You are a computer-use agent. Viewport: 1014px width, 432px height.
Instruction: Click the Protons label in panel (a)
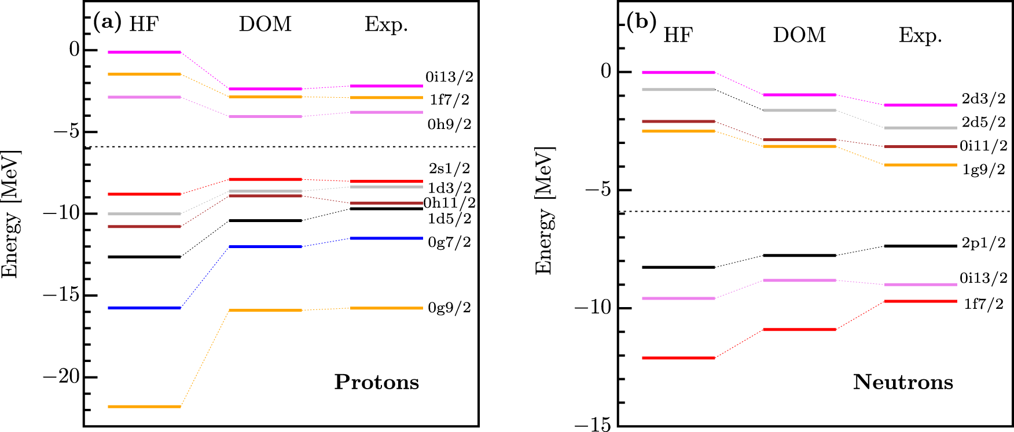coord(377,382)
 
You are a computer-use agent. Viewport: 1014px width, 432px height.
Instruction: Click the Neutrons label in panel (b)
coord(903,382)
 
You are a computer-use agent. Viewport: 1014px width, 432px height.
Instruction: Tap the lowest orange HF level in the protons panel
coord(145,407)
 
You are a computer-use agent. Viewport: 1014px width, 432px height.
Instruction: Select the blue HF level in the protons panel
coord(145,308)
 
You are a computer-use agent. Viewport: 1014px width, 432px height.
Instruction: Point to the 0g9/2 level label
coord(449,308)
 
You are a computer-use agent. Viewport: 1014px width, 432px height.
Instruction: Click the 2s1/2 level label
coord(449,168)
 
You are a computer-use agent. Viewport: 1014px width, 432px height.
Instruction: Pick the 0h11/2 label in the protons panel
coord(449,203)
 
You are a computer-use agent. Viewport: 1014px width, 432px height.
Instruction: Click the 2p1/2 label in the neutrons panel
coord(983,243)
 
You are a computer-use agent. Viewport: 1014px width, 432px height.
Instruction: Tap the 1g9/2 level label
coord(983,169)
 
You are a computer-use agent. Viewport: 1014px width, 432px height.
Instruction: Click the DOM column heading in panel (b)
coord(799,35)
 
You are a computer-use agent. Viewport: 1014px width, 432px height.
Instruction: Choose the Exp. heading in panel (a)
coord(386,24)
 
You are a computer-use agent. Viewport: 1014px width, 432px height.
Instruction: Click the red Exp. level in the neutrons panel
coord(920,301)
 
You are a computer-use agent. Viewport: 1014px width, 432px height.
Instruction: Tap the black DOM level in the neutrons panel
coord(799,255)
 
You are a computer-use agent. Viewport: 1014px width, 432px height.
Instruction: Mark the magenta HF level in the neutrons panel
coord(678,72)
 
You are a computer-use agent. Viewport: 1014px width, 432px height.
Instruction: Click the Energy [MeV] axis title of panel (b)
coord(545,211)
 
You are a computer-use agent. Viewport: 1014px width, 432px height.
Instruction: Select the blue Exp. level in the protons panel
coord(386,238)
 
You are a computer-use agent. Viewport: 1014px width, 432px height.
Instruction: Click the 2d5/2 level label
coord(983,122)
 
